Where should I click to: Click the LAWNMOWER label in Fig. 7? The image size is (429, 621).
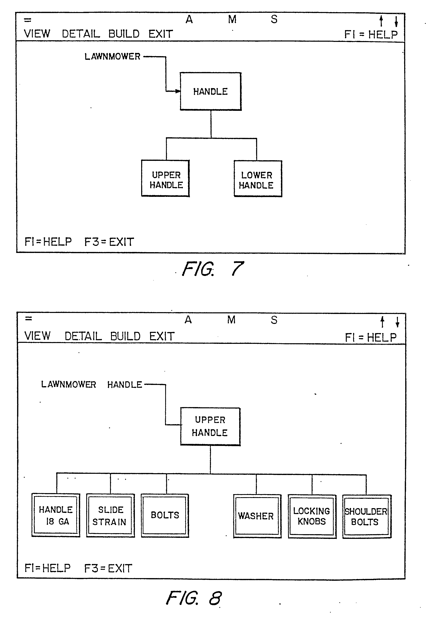point(112,57)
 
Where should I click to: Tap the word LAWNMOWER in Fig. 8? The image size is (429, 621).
point(69,384)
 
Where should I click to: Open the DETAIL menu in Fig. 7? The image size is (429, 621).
point(81,34)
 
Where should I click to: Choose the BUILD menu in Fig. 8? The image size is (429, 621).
point(125,336)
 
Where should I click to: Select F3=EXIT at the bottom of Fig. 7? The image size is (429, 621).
point(109,242)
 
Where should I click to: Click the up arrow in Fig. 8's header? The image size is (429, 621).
point(382,322)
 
